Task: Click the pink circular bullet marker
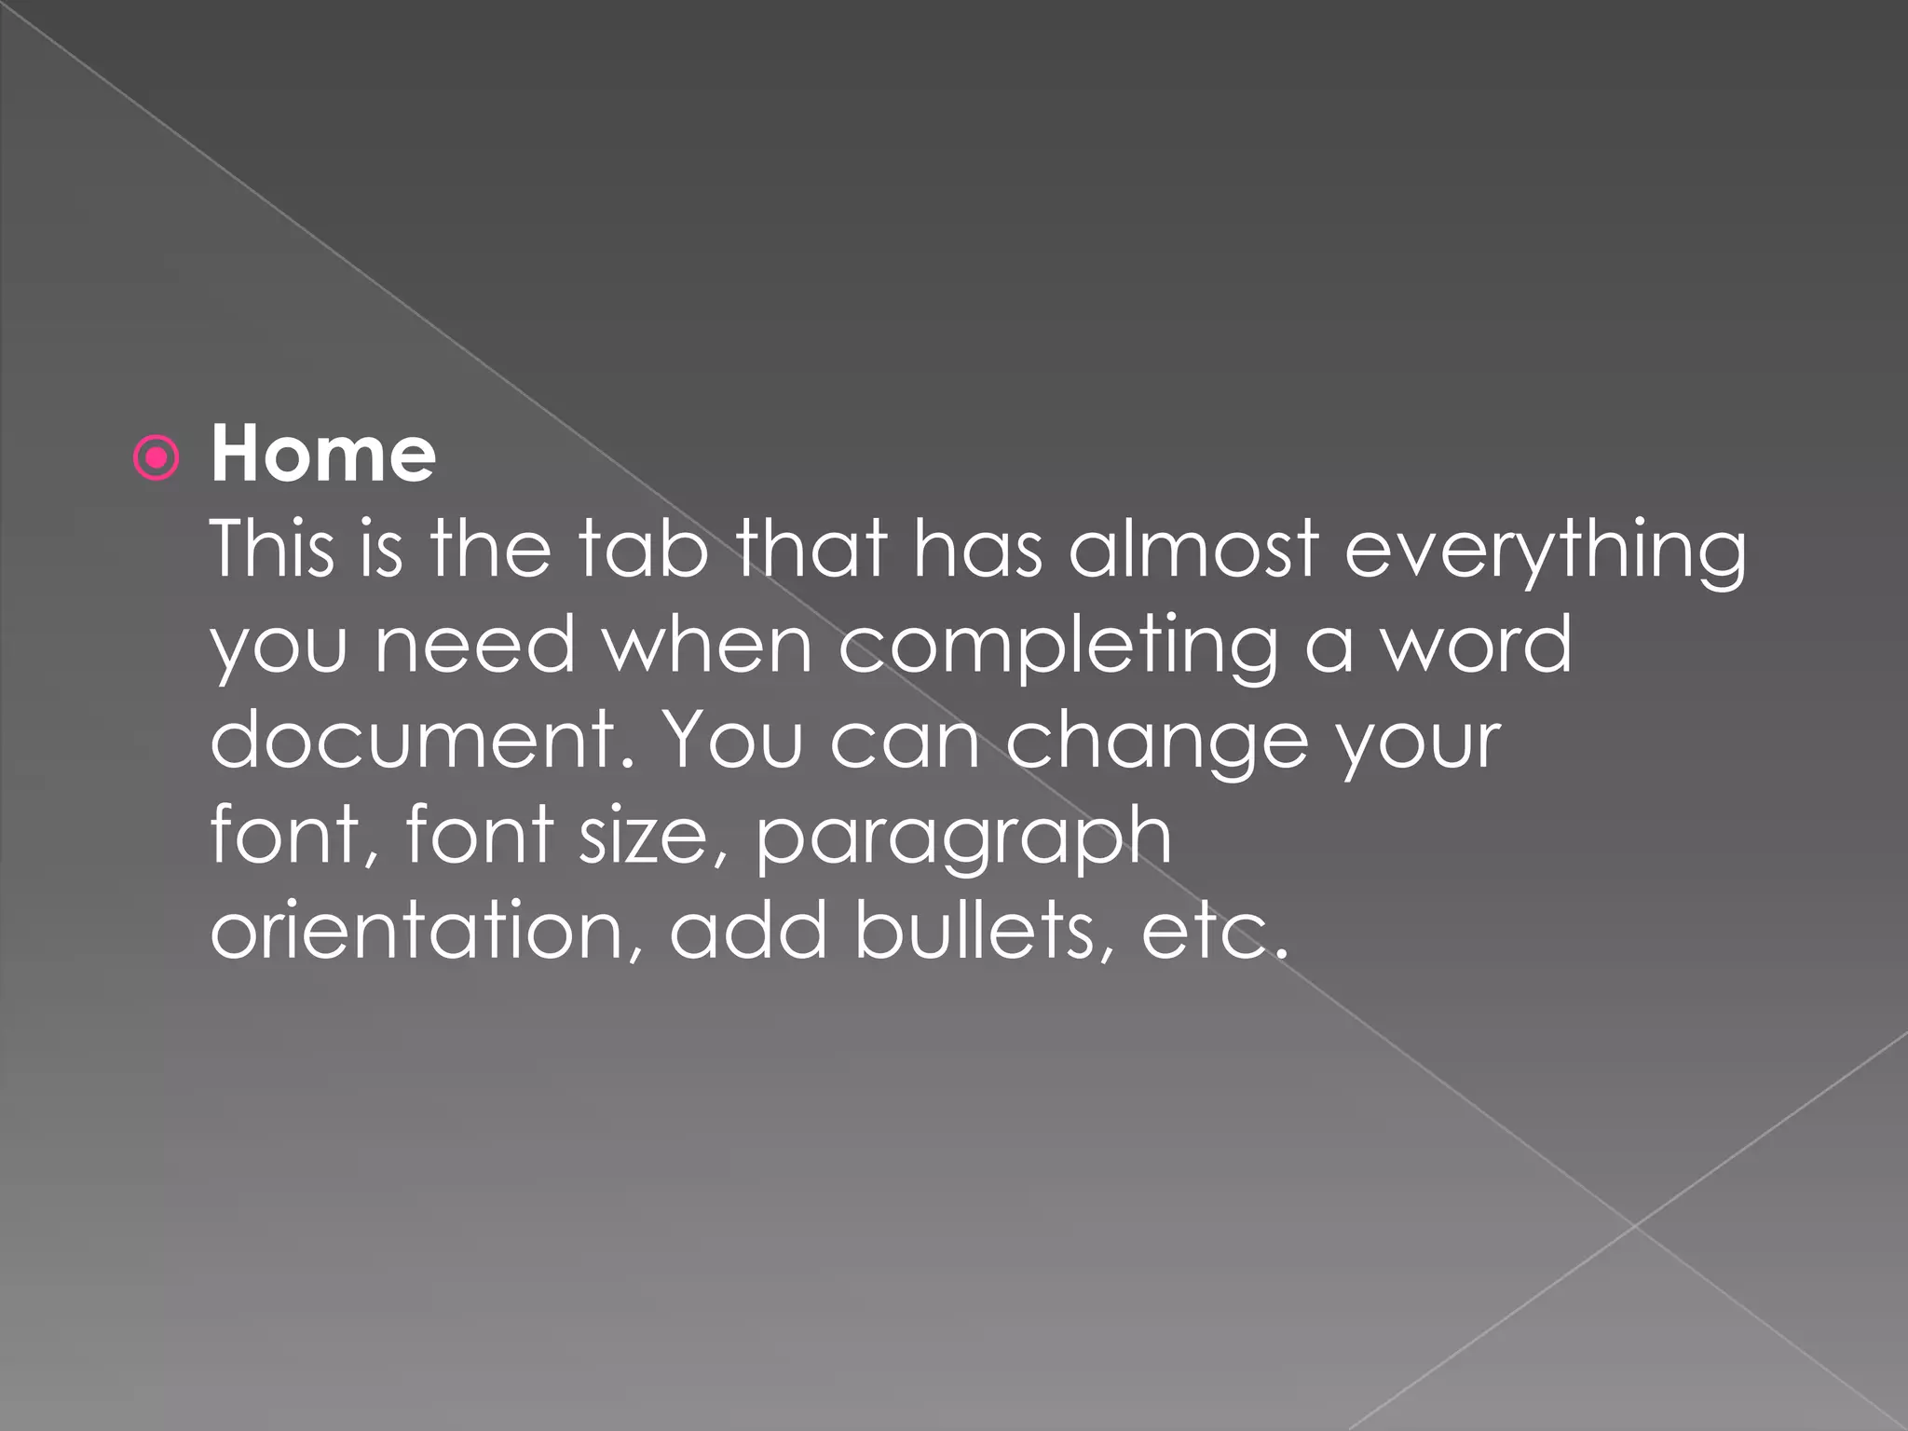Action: click(157, 458)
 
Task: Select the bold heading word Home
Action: click(322, 455)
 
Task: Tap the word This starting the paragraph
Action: click(271, 549)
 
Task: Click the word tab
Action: click(642, 549)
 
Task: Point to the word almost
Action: click(1193, 549)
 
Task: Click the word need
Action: click(475, 645)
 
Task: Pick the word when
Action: click(708, 645)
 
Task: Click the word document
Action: click(423, 740)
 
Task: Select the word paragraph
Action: click(963, 838)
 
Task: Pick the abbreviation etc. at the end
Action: click(1215, 932)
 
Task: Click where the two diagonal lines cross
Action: click(1634, 1225)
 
